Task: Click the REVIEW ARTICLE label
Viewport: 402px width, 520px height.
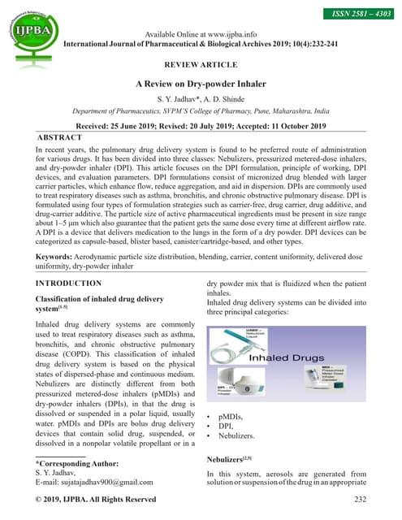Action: point(201,63)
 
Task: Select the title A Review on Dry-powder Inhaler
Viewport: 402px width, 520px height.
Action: point(201,84)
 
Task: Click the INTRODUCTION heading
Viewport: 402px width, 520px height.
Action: point(69,284)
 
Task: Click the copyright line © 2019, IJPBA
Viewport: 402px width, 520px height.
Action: point(97,499)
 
